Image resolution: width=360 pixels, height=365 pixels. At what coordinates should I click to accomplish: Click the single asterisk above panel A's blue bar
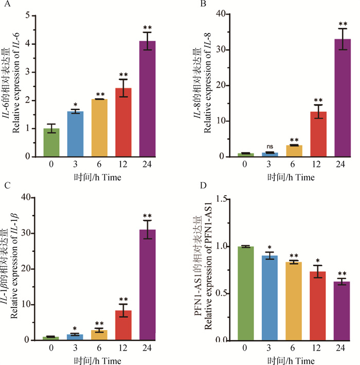[75, 104]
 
